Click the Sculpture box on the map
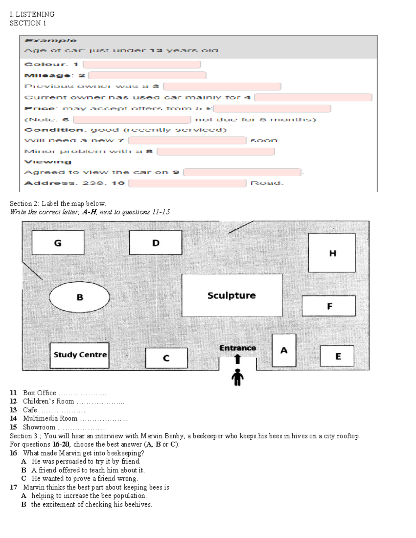pyautogui.click(x=232, y=295)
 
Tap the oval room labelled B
pyautogui.click(x=79, y=297)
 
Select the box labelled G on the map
pyautogui.click(x=58, y=243)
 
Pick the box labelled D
pyautogui.click(x=156, y=243)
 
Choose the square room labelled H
pyautogui.click(x=332, y=253)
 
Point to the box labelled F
pyautogui.click(x=329, y=306)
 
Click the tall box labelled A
pyautogui.click(x=284, y=350)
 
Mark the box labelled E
pyautogui.click(x=337, y=356)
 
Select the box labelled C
pyautogui.click(x=166, y=358)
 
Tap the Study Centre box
pyautogui.click(x=79, y=355)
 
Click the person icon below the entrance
pyautogui.click(x=237, y=377)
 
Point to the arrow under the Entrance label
pyautogui.click(x=237, y=359)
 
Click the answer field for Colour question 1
pyautogui.click(x=142, y=64)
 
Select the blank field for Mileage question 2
pyautogui.click(x=147, y=76)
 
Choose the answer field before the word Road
pyautogui.click(x=187, y=183)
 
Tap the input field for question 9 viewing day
pyautogui.click(x=242, y=172)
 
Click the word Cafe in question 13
pyautogui.click(x=30, y=410)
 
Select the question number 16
pyautogui.click(x=13, y=453)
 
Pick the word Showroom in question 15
pyautogui.click(x=39, y=427)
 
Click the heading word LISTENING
pyautogui.click(x=35, y=14)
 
